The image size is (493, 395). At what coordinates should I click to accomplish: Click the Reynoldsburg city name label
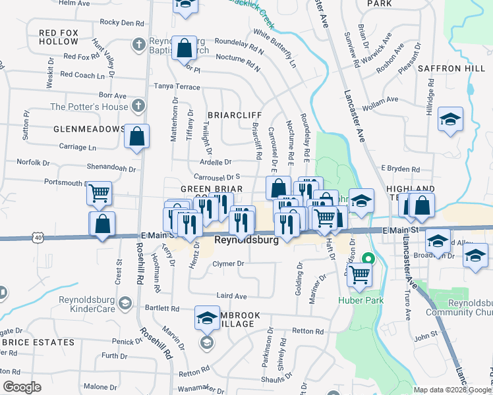click(246, 241)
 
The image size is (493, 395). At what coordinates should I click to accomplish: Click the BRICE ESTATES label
click(38, 342)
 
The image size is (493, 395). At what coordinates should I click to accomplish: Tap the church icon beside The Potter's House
click(138, 106)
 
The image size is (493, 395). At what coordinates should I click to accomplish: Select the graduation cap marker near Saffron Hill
click(451, 119)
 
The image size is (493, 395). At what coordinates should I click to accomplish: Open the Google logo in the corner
click(22, 387)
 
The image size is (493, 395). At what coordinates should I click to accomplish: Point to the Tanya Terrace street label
click(177, 86)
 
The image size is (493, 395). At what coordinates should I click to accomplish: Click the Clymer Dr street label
click(228, 264)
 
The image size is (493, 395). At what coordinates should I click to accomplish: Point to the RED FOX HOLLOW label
click(59, 37)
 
